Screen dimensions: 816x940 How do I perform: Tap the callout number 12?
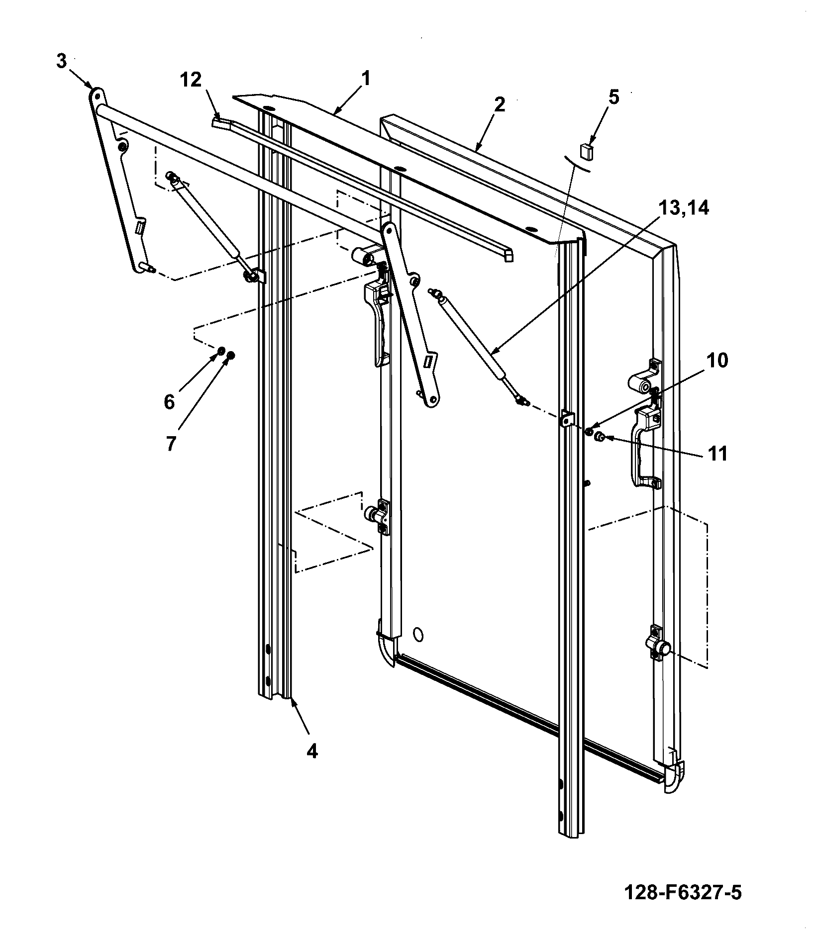[192, 80]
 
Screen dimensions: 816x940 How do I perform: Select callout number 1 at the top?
[366, 78]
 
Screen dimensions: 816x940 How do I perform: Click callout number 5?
[614, 97]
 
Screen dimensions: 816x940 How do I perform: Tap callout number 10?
[717, 360]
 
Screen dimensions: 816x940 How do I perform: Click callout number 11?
[717, 454]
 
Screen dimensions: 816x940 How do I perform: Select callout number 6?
[170, 402]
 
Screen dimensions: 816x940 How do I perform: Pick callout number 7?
[171, 443]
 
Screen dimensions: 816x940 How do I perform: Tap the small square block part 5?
[587, 151]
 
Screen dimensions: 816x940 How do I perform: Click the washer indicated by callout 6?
[221, 353]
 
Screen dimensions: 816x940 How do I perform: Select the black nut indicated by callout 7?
[231, 355]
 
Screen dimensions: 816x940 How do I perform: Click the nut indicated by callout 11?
[600, 437]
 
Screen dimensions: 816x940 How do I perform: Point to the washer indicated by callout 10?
[590, 431]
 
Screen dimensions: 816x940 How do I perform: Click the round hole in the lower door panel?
[418, 634]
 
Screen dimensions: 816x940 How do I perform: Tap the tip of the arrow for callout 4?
[292, 699]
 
